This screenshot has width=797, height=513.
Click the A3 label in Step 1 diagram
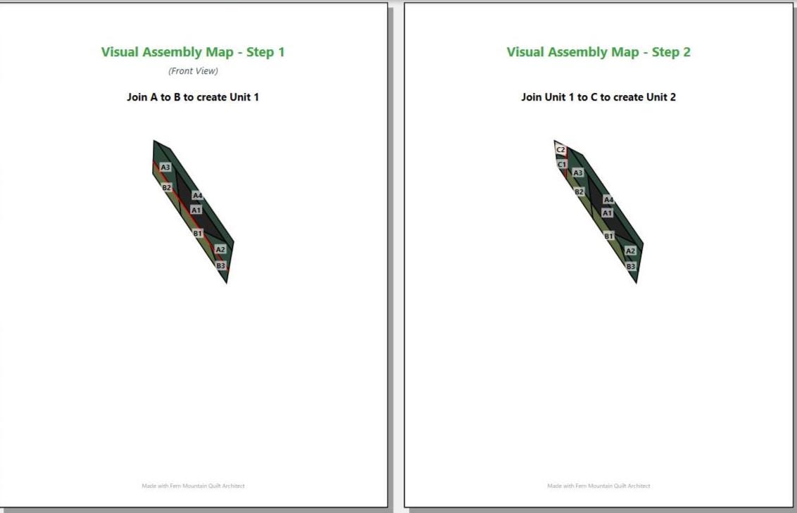point(165,167)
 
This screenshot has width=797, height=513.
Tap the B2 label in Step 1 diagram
point(166,187)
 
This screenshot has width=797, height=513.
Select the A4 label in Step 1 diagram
point(197,196)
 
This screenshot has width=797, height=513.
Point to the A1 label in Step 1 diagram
point(196,210)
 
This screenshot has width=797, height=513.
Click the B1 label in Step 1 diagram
point(198,233)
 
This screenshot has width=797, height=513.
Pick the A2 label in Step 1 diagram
point(220,249)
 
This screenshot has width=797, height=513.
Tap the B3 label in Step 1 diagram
point(220,265)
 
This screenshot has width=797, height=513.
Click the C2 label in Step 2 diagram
point(560,150)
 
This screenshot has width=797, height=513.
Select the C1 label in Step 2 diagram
point(562,165)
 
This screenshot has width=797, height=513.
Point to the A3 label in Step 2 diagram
point(578,172)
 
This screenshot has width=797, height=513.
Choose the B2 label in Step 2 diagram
point(579,191)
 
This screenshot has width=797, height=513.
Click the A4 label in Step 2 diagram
point(608,200)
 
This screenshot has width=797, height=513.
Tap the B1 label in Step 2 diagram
point(609,236)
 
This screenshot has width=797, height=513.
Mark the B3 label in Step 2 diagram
point(631,266)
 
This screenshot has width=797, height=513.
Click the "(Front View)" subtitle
point(193,71)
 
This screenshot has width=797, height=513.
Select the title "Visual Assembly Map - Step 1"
point(193,52)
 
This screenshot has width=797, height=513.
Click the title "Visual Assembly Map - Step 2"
point(598,52)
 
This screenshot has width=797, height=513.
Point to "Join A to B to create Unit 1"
point(193,97)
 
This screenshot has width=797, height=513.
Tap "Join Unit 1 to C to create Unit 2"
point(598,97)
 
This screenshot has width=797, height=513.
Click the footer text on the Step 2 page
point(598,486)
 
